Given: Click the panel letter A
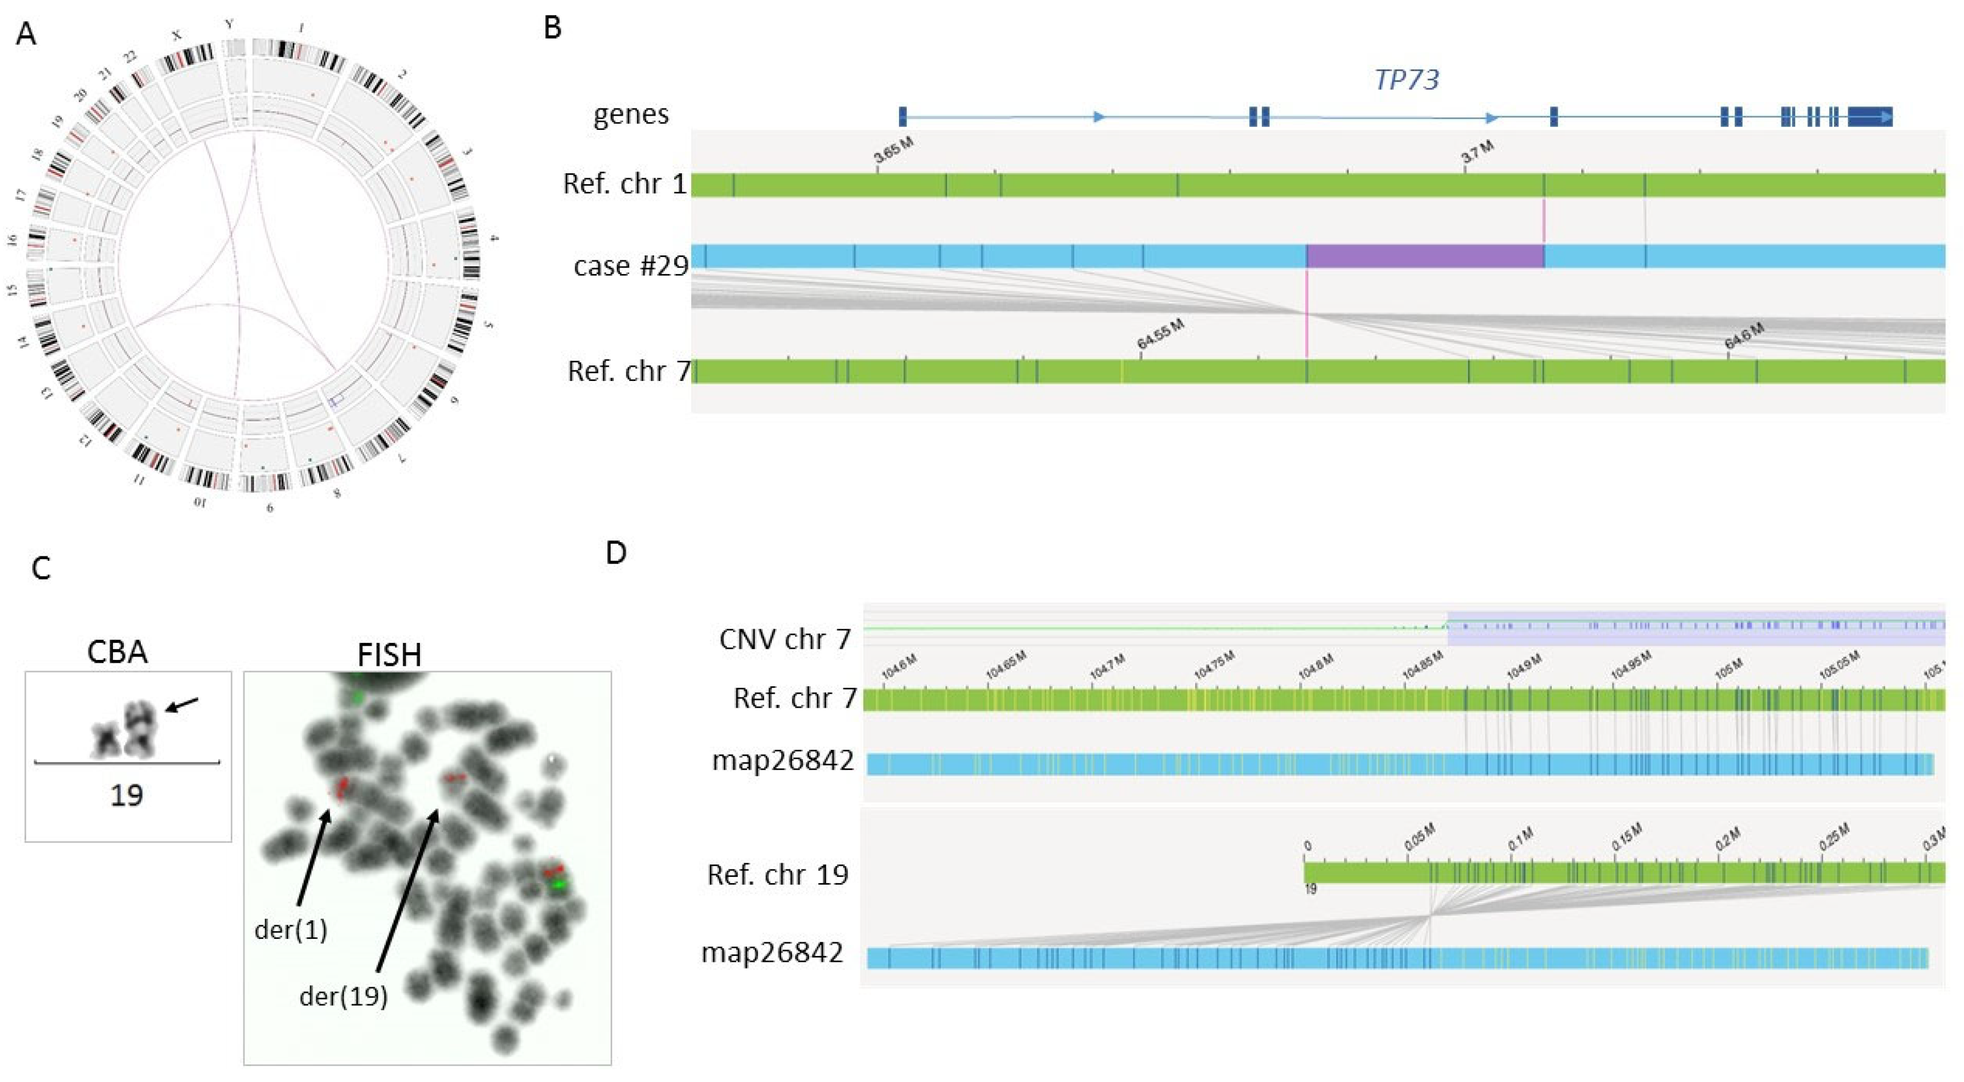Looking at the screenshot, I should (25, 35).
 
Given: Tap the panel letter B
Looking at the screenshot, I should (552, 27).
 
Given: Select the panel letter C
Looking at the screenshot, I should (41, 568).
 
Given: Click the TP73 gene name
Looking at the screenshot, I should (1406, 79).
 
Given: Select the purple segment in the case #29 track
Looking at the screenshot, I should (1425, 256).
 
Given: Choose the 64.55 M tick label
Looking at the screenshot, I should (1160, 335).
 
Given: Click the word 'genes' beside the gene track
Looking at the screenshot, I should (631, 115).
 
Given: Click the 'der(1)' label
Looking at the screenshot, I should (291, 930).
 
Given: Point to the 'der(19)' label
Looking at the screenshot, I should (343, 996).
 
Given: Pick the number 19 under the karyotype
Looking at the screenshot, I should (127, 795).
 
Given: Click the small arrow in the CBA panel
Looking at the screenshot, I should (181, 706).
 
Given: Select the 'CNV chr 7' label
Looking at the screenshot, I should (784, 639).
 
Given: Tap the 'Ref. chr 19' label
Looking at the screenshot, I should (778, 875).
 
